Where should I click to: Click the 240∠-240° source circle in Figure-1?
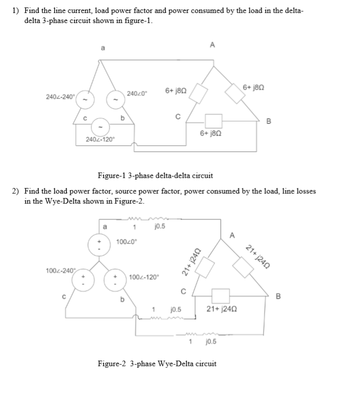pos(85,100)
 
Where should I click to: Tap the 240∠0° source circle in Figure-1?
pos(115,100)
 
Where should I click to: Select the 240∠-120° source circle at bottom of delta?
pos(100,127)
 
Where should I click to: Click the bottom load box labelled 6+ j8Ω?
pos(213,121)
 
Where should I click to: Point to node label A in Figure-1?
pos(212,45)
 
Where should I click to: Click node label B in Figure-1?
pos(269,121)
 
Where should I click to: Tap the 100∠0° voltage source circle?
pos(99,245)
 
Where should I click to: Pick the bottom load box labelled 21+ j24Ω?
pos(220,296)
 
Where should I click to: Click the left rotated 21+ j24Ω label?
pos(191,262)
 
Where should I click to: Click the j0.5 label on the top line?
pos(160,226)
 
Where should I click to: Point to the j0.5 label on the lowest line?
pos(211,342)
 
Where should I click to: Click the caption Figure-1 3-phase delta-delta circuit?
pos(155,176)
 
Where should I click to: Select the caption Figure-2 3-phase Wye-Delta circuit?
pos(157,364)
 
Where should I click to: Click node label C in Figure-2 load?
pos(183,291)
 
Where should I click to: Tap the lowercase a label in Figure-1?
pos(103,48)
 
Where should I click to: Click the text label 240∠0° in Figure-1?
pos(137,94)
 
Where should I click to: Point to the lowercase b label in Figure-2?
pos(122,300)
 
